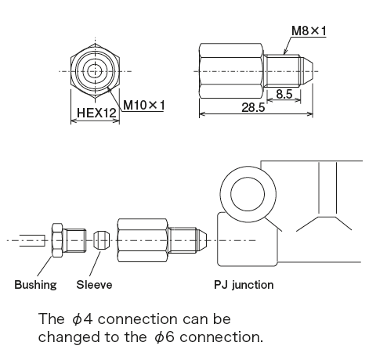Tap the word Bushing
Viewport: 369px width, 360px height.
tap(35, 285)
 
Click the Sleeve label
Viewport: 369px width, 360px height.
tap(94, 285)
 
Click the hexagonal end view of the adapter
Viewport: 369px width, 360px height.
tap(94, 70)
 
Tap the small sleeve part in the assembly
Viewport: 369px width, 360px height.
tap(99, 239)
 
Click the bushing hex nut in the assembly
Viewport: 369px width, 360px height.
tap(57, 239)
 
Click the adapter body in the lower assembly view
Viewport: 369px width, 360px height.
tap(143, 239)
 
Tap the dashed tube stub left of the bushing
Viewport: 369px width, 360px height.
tap(31, 239)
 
